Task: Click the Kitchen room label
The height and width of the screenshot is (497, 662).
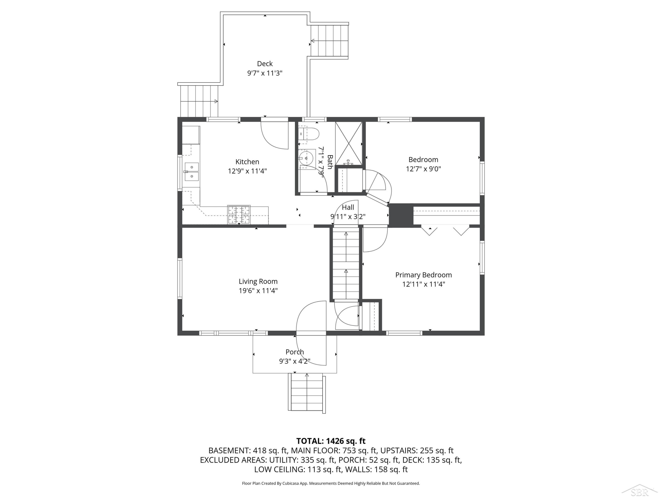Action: point(247,162)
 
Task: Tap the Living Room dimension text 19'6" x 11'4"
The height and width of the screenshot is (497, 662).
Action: point(258,291)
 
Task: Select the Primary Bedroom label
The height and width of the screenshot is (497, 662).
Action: point(423,275)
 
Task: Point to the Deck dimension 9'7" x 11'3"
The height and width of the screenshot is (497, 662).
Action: point(265,73)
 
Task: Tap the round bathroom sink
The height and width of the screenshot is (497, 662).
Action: point(307,157)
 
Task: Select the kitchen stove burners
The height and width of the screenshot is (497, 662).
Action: point(239,214)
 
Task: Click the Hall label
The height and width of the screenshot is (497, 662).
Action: point(348,207)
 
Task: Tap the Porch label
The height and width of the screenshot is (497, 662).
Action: point(295,352)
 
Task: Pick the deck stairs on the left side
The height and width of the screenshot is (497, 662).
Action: point(199,101)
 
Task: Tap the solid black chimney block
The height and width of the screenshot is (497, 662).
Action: point(401,214)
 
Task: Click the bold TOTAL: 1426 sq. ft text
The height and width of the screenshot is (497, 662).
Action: point(331,441)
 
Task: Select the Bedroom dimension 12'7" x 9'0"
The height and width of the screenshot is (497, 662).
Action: point(423,169)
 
